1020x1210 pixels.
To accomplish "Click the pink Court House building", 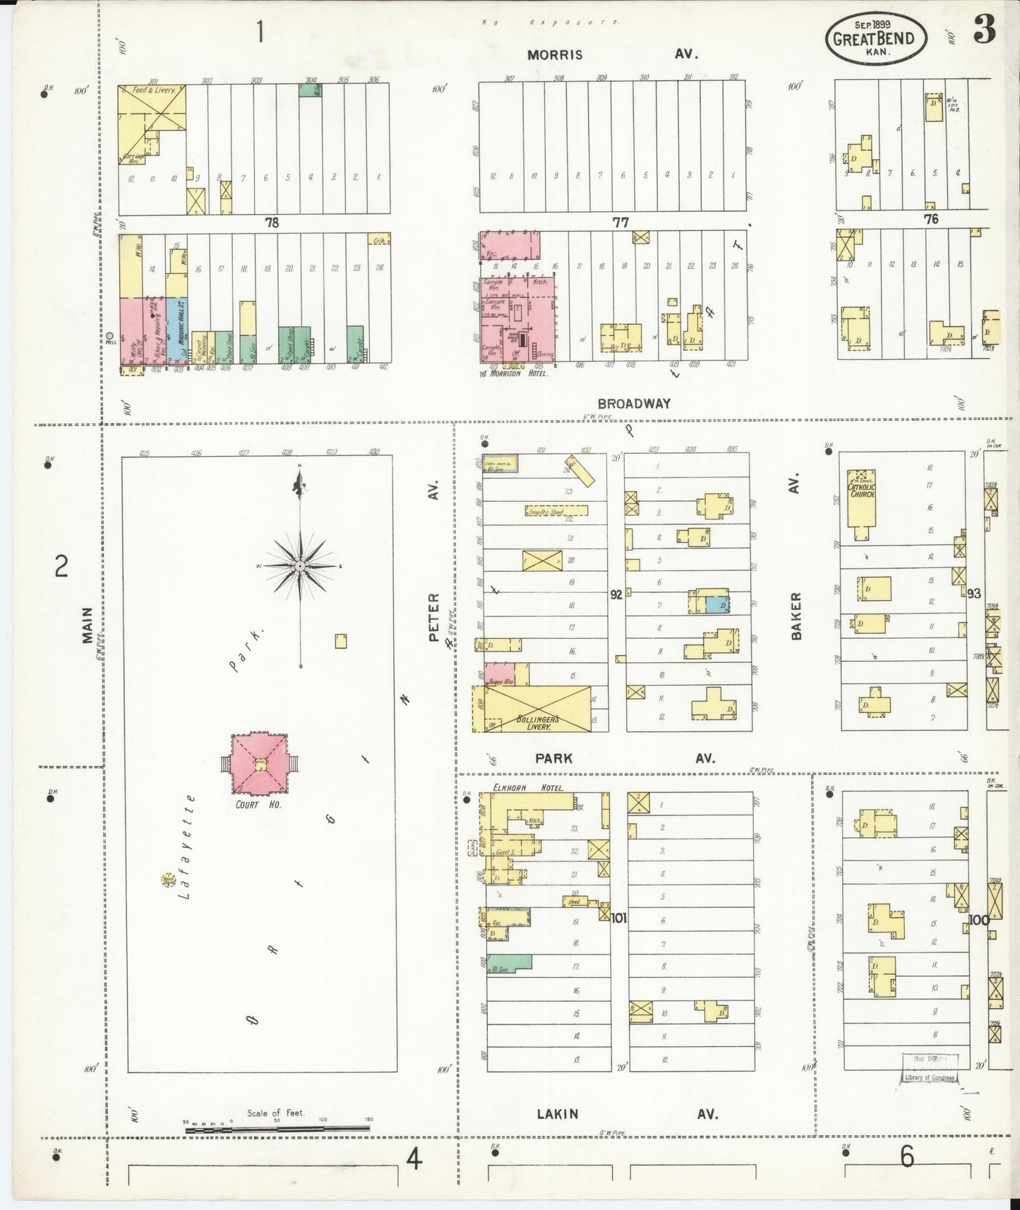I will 259,763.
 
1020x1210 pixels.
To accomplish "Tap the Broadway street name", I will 633,404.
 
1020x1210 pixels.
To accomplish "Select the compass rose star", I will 300,566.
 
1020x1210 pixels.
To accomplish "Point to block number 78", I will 272,222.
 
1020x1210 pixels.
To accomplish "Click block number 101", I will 619,918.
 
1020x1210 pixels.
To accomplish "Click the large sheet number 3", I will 984,30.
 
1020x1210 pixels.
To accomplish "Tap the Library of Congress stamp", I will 929,1077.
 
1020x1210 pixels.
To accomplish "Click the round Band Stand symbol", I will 169,880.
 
